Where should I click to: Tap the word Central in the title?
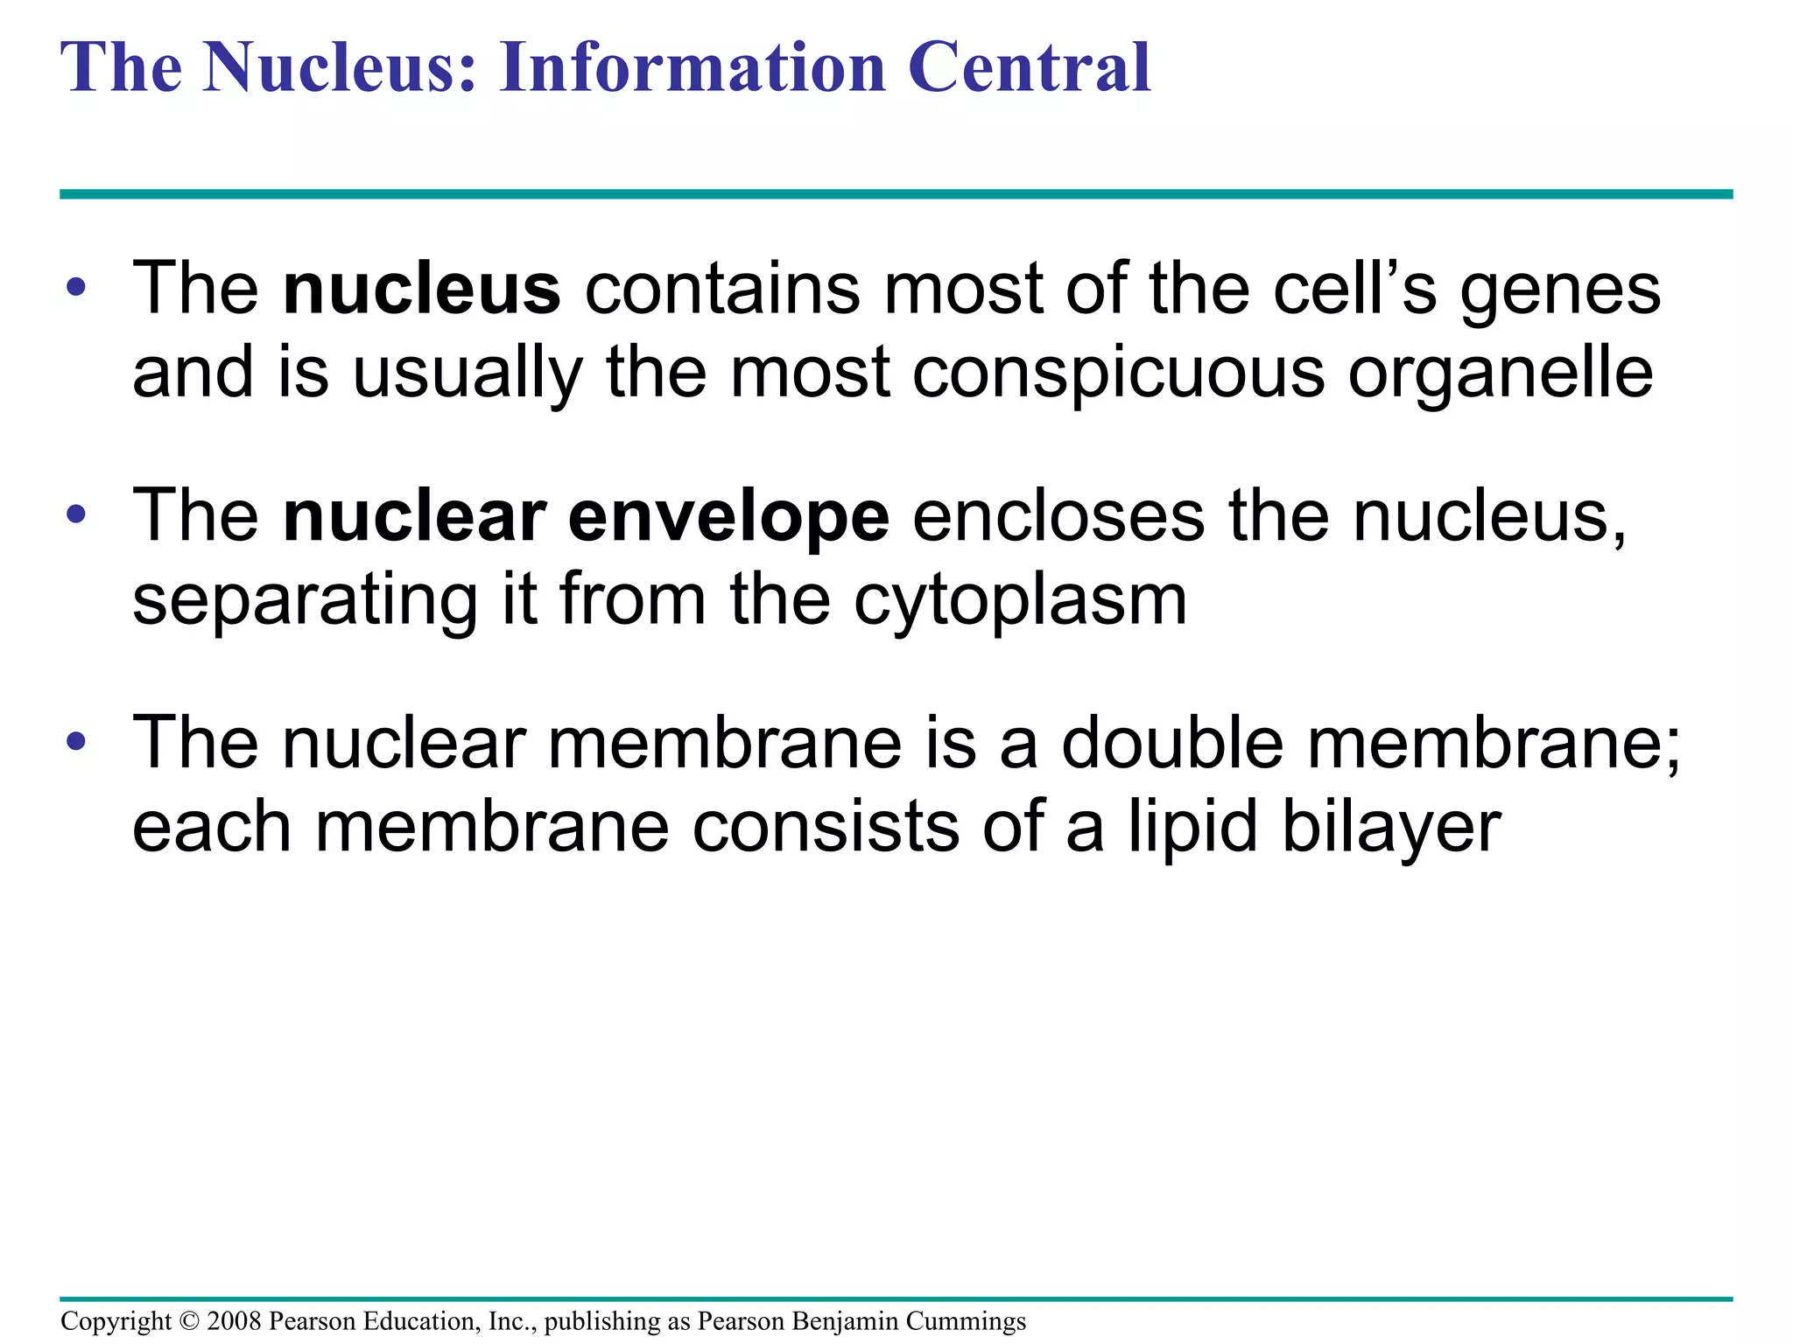(1030, 67)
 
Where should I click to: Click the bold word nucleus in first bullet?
(421, 290)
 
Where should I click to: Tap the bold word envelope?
(728, 518)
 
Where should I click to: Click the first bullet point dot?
(76, 287)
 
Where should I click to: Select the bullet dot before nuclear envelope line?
(76, 514)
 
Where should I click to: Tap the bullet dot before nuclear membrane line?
(76, 742)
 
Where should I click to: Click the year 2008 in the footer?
(234, 1321)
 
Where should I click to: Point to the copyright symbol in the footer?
(189, 1321)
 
